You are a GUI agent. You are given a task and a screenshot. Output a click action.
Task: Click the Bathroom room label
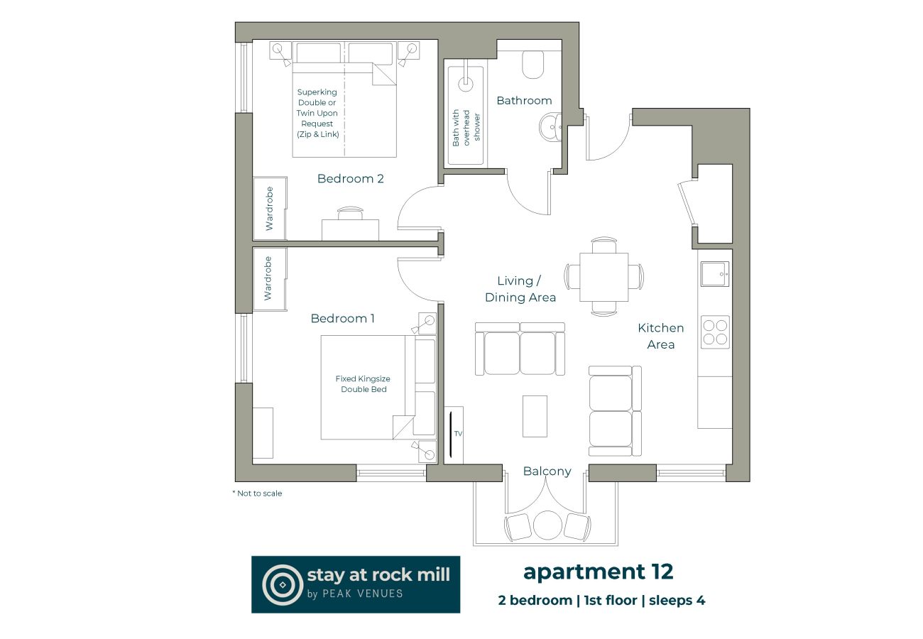[524, 101]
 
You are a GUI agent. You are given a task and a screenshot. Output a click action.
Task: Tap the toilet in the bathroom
[532, 66]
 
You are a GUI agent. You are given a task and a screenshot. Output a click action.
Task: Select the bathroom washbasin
[549, 130]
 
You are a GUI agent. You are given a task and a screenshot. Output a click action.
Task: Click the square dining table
[603, 276]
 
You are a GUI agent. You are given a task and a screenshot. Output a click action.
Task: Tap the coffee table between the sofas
[535, 416]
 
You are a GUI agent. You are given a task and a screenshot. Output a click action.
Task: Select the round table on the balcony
[547, 525]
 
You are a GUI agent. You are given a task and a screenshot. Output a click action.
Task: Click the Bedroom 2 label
[350, 179]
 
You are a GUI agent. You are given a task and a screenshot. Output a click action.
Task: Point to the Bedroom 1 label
[342, 319]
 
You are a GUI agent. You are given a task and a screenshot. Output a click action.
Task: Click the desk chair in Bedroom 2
[350, 212]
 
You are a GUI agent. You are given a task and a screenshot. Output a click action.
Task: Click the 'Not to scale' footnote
[257, 493]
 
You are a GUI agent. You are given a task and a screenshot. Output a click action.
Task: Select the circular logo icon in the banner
[282, 584]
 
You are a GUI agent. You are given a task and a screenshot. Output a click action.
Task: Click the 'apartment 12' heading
[598, 572]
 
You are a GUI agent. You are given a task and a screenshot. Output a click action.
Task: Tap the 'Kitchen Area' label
[660, 336]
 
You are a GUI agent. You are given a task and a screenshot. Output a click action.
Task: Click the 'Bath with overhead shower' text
[466, 128]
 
